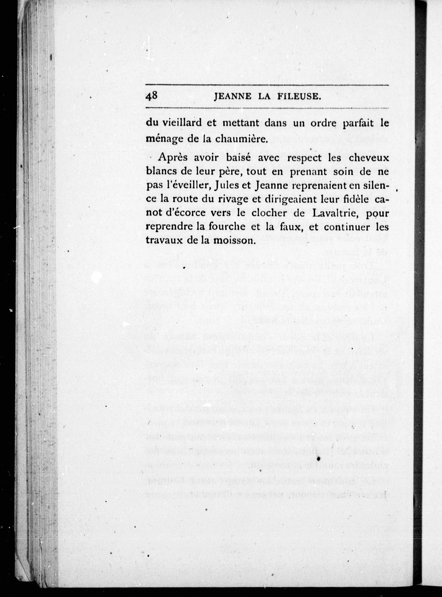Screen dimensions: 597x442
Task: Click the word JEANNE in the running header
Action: [x=233, y=97]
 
